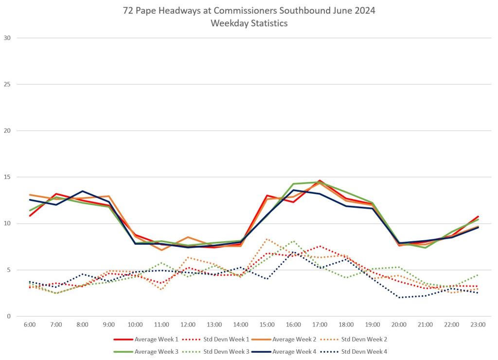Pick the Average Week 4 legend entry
coord(293,351)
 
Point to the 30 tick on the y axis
coord(7,38)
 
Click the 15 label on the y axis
coord(7,177)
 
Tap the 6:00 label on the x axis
coord(30,324)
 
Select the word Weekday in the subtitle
coord(228,23)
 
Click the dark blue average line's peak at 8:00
coord(83,191)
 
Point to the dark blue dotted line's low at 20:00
coord(399,297)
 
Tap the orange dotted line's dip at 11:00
coord(161,289)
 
